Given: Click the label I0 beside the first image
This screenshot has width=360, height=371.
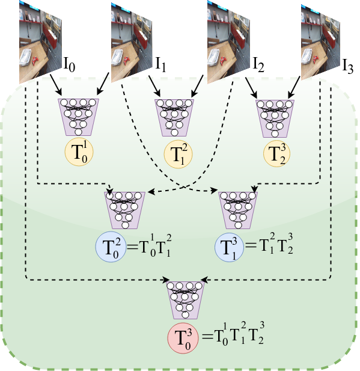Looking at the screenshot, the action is pos(69,64).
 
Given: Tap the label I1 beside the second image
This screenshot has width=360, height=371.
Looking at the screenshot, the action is pos(160,64).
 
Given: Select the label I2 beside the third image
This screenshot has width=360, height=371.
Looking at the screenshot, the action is pos(258,64).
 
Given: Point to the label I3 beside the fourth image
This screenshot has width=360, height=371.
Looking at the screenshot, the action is pos(348,66).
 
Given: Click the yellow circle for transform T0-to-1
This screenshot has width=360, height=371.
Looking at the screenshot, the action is pos(79,152).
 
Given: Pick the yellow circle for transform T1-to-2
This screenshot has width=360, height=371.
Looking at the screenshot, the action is pos(178,154).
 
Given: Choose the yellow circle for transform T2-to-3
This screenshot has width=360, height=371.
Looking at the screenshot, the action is pos(276,153).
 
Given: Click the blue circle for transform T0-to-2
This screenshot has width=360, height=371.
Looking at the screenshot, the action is pos(111,247).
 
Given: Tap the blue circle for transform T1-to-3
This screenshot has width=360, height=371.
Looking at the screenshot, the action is pos(229,247).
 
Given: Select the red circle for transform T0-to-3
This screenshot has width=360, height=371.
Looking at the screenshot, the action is pos(183,338).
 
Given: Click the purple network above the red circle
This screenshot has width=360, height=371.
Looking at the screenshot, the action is pos(185,300).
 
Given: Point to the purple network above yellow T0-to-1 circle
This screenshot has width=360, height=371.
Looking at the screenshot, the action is pos(79,117).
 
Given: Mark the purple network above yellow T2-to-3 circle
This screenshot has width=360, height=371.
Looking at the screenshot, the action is pos(275,118).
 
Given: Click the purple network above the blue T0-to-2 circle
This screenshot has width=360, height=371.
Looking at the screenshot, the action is pos(124,210).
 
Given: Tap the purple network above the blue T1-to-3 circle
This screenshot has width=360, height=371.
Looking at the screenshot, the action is pos(238,210).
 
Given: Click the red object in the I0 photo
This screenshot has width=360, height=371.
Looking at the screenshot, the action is pos(35,61).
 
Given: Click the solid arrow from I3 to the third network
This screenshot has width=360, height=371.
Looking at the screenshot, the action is pos(294,87).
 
